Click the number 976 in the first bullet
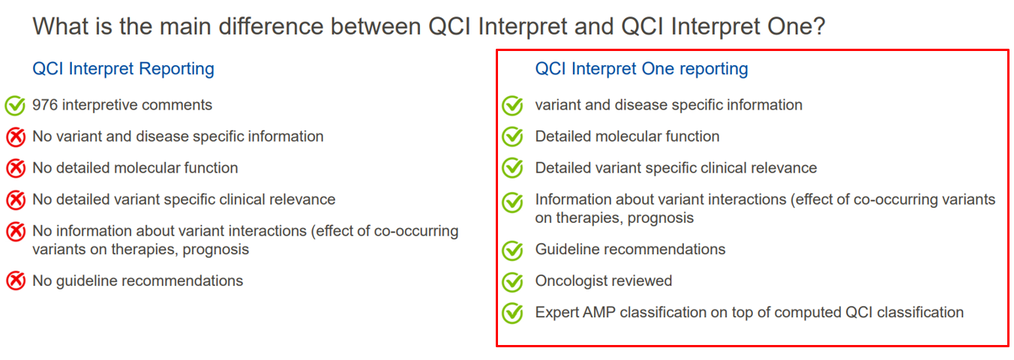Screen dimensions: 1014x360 pos(45,105)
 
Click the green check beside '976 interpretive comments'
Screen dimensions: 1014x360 pos(15,106)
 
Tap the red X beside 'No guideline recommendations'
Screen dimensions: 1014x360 pos(16,280)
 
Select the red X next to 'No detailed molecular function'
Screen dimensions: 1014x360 pos(16,168)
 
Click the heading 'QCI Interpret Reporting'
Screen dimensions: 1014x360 pos(123,69)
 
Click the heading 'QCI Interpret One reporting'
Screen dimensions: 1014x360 pos(641,69)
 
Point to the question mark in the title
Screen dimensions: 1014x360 pos(818,26)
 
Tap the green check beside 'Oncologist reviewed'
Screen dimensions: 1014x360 pos(512,282)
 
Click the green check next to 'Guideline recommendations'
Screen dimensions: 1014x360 pos(512,250)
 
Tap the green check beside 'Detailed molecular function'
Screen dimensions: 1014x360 pos(512,136)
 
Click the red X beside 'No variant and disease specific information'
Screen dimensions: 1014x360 pos(16,136)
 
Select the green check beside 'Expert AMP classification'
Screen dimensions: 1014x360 pos(512,313)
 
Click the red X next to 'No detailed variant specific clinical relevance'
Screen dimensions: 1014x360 pos(16,199)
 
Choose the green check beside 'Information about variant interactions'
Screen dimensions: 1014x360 pos(512,202)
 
